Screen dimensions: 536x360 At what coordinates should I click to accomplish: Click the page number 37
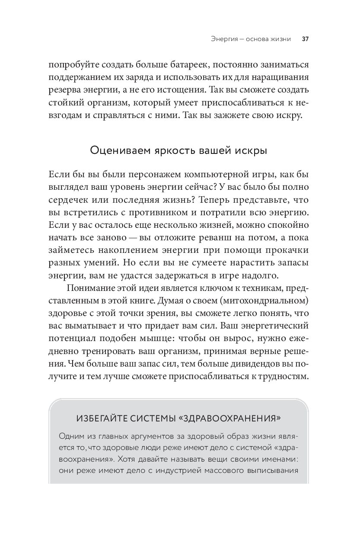305,38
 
